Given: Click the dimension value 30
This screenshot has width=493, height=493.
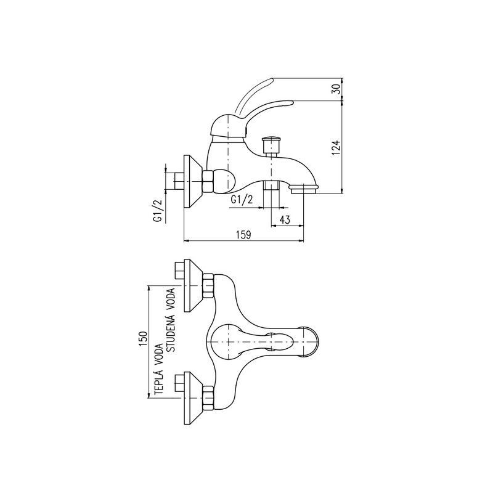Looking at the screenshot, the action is (336, 89).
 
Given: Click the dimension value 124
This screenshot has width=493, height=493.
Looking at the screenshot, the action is (336, 147).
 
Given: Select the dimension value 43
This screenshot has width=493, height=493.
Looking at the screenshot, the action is (285, 219).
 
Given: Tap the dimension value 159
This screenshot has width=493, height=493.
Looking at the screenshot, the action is (243, 235).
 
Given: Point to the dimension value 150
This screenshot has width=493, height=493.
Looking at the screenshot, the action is (143, 338).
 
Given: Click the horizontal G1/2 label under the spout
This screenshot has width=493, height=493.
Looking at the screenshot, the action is (242, 199).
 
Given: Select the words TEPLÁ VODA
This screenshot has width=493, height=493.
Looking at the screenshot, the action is (159, 369).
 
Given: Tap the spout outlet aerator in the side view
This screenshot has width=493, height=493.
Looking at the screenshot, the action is (304, 189).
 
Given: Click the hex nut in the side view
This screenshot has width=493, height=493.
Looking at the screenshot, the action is (208, 181).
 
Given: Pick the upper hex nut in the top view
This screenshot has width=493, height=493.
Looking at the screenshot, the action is (208, 286).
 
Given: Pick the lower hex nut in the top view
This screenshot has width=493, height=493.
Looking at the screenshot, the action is (208, 398).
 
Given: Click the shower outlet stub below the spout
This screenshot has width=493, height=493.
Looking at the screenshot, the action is (271, 185).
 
